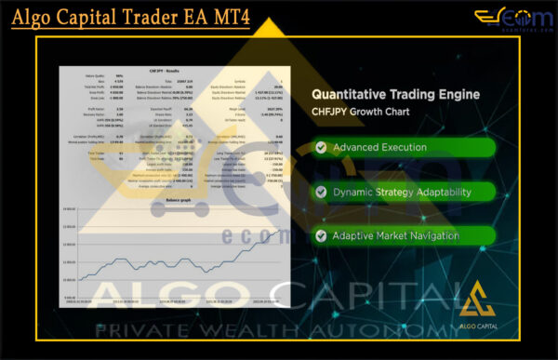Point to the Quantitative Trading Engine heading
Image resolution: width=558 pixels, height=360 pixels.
point(395,94)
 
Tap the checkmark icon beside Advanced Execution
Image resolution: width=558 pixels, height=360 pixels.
point(321,148)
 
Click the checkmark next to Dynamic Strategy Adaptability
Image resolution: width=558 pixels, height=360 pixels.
point(321,193)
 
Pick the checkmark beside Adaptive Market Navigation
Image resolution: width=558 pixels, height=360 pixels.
point(321,236)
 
